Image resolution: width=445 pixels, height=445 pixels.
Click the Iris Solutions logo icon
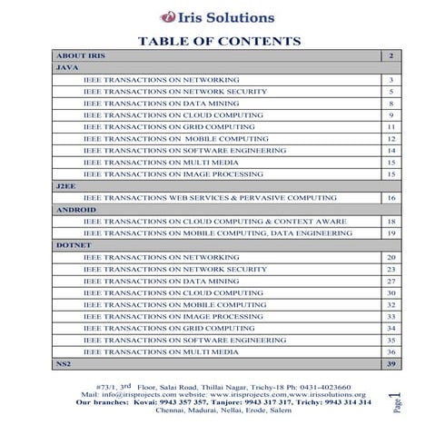tap(168, 16)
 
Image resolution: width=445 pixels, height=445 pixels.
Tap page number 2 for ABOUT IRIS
tap(390, 56)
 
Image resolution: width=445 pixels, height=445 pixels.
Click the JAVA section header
tap(65, 68)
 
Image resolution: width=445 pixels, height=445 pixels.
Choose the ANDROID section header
tap(75, 209)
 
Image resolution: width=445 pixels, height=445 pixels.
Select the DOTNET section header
tap(73, 245)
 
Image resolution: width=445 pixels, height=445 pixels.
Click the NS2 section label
tap(63, 363)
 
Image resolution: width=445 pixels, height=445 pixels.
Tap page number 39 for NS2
tap(390, 363)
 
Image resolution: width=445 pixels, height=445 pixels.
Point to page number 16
tap(391, 197)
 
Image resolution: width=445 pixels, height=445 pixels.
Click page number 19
tap(391, 233)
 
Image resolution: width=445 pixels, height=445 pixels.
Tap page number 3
tap(391, 80)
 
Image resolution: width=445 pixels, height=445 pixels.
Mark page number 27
tap(391, 281)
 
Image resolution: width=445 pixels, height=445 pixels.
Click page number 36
tap(391, 351)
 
